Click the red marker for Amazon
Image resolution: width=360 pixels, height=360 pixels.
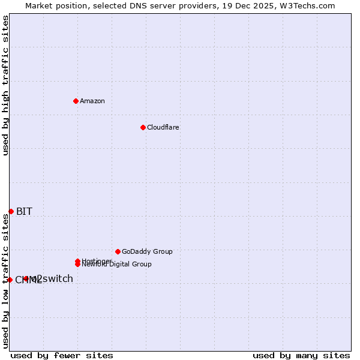click(x=76, y=101)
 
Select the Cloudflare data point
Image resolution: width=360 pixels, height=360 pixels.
click(x=143, y=127)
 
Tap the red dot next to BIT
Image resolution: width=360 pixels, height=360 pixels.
click(x=11, y=211)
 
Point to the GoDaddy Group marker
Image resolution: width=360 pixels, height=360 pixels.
click(x=118, y=251)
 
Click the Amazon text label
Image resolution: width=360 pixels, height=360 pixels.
click(x=92, y=101)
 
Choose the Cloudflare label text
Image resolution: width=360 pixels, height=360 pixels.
click(x=163, y=127)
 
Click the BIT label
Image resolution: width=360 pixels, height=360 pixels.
click(x=24, y=211)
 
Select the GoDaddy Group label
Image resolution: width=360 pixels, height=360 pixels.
click(x=147, y=251)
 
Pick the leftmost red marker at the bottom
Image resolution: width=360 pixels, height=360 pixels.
click(x=10, y=280)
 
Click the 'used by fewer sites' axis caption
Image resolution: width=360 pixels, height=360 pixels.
click(x=62, y=355)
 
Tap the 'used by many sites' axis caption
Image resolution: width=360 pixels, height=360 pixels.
click(x=301, y=355)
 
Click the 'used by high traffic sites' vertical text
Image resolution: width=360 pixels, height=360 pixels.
click(x=5, y=85)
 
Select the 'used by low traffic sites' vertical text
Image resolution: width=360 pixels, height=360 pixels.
click(x=5, y=280)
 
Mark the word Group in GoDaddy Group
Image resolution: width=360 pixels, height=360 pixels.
click(x=163, y=251)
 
